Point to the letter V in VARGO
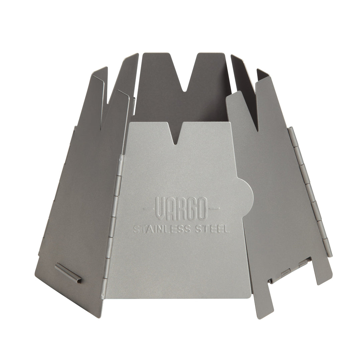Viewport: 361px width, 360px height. pyautogui.click(x=159, y=208)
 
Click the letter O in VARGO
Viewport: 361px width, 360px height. pyautogui.click(x=203, y=208)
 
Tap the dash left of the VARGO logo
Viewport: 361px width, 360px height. pyautogui.click(x=148, y=209)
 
